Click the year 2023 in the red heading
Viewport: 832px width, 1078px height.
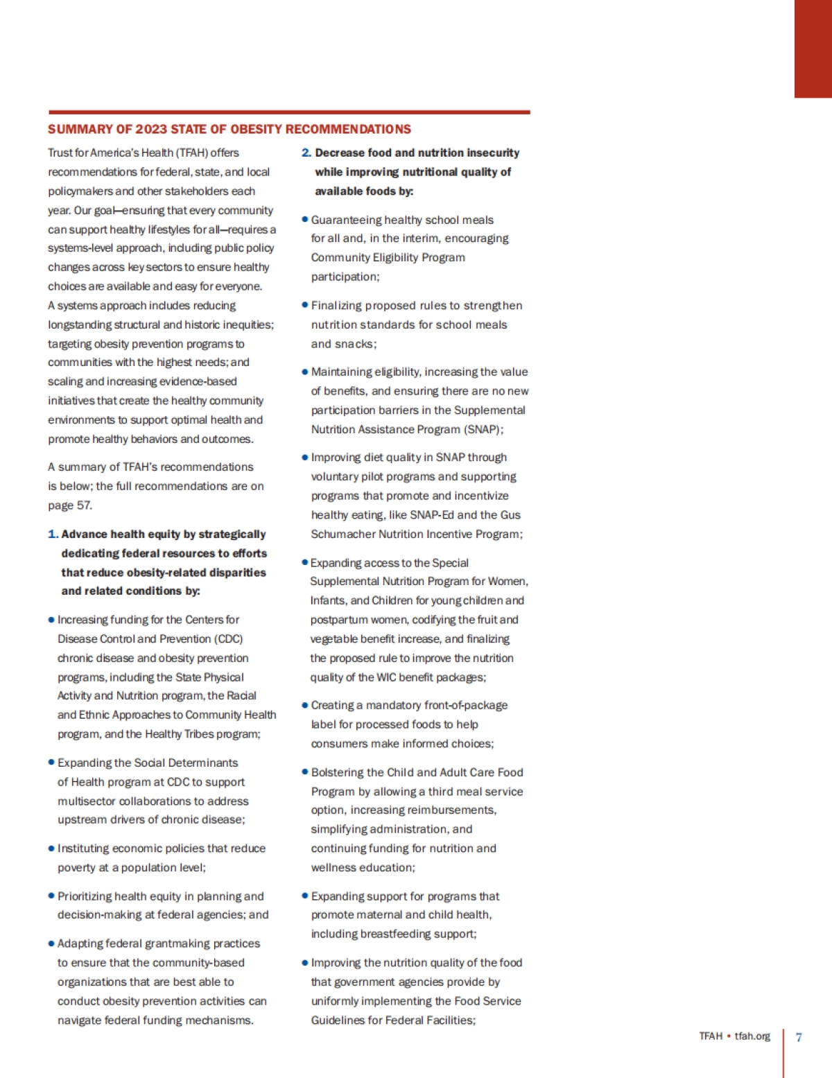151,129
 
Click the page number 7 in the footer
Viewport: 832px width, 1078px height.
799,1037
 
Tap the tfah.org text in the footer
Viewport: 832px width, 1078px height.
752,1036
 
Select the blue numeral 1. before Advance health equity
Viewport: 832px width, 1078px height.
53,534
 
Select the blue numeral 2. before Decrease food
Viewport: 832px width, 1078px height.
306,153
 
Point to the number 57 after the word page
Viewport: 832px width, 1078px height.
84,505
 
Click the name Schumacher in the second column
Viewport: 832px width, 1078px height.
342,534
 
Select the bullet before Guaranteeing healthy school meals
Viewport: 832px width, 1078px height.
304,220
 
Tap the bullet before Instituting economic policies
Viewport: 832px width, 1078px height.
51,849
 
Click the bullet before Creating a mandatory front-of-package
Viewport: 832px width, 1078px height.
304,705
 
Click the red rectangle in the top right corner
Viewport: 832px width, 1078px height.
813,49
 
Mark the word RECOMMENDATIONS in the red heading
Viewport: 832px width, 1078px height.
348,129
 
